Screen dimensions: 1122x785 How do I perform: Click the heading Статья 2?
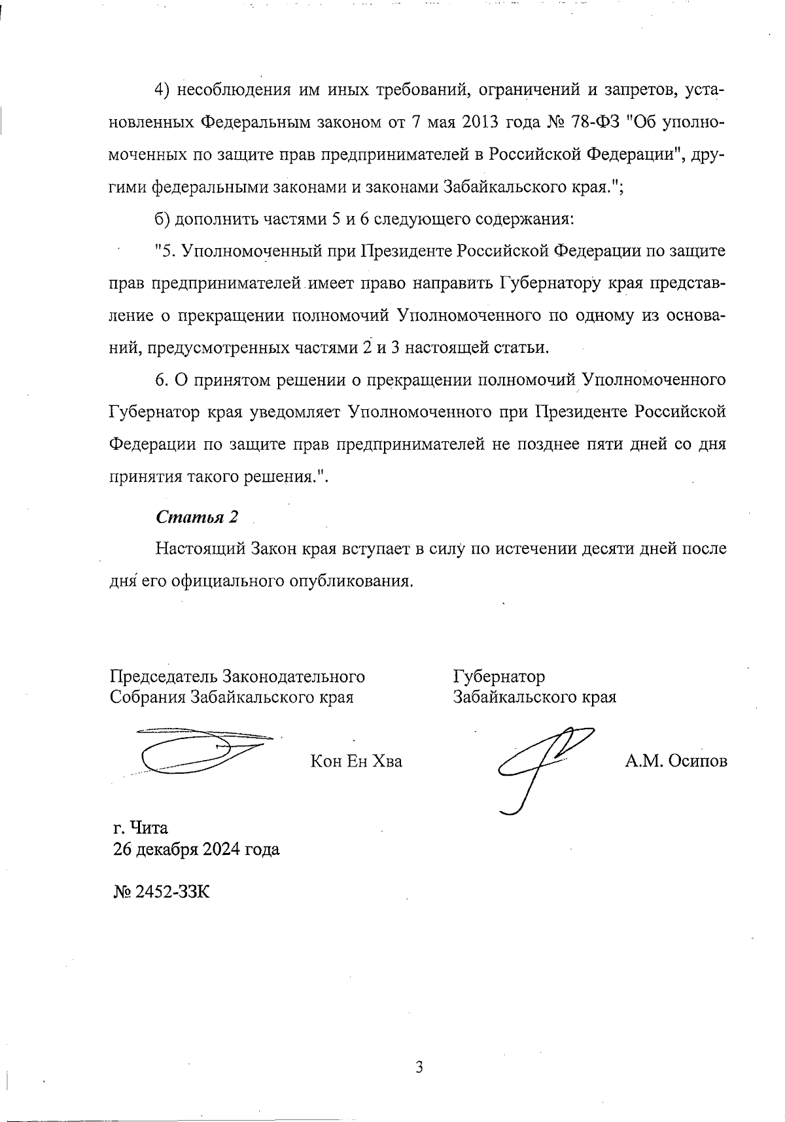pyautogui.click(x=197, y=517)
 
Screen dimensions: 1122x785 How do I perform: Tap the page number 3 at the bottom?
pyautogui.click(x=419, y=1068)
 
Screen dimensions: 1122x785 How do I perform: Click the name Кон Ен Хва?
pyautogui.click(x=356, y=761)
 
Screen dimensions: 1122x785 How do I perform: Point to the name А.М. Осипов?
pyautogui.click(x=676, y=761)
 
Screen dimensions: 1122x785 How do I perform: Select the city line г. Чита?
pyautogui.click(x=140, y=828)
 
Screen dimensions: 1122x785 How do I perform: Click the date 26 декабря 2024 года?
pyautogui.click(x=196, y=850)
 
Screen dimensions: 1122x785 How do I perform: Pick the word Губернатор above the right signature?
pyautogui.click(x=498, y=676)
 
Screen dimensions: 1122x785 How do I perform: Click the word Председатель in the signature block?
pyautogui.click(x=164, y=676)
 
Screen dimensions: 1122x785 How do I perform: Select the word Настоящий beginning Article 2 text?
pyautogui.click(x=200, y=549)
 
